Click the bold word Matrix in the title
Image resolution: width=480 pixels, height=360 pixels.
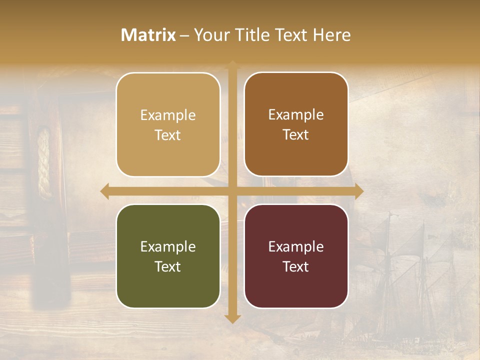(x=148, y=35)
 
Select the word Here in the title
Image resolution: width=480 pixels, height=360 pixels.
(x=331, y=35)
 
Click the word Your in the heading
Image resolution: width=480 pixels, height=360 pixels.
(x=209, y=35)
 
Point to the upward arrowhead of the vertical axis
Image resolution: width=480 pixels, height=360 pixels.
(x=232, y=65)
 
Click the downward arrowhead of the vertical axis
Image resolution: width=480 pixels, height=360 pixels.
(x=232, y=318)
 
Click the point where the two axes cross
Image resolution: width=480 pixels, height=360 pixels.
(x=232, y=191)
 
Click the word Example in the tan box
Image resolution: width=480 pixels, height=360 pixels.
(x=168, y=115)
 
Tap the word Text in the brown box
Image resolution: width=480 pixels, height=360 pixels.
(x=296, y=135)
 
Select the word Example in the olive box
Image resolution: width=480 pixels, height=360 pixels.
(x=168, y=247)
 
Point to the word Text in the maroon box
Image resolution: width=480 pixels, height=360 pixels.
(x=296, y=267)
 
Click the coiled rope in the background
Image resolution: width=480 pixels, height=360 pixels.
(x=44, y=162)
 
